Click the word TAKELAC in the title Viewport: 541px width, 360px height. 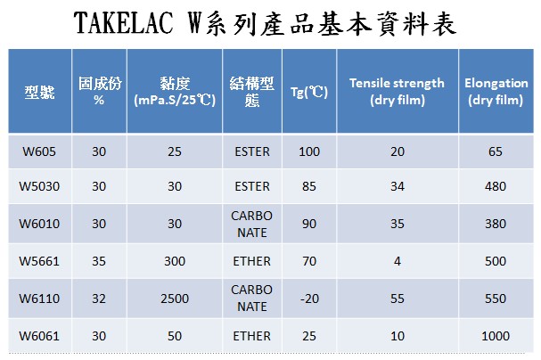pyautogui.click(x=124, y=23)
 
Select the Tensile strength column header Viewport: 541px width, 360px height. pyautogui.click(x=398, y=92)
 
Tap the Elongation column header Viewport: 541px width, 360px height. pyautogui.click(x=496, y=92)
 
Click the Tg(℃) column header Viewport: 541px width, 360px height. pyautogui.click(x=308, y=92)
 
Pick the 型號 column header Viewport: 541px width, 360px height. pyautogui.click(x=40, y=92)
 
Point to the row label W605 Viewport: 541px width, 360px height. pyautogui.click(x=39, y=151)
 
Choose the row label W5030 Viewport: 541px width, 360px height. pyautogui.click(x=39, y=186)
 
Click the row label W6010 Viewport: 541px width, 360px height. pyautogui.click(x=39, y=224)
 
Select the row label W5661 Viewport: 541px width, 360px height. pyautogui.click(x=39, y=261)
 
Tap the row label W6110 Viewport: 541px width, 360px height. pyautogui.click(x=39, y=299)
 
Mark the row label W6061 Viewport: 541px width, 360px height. pyautogui.click(x=39, y=336)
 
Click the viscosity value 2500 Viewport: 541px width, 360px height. pyautogui.click(x=175, y=299)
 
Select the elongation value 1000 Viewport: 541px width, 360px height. pyautogui.click(x=496, y=336)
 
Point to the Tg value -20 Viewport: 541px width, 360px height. pyautogui.click(x=309, y=299)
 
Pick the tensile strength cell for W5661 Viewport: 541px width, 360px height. pyautogui.click(x=398, y=261)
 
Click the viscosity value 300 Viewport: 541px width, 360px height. pyautogui.click(x=175, y=261)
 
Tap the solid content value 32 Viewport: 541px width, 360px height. pyautogui.click(x=99, y=299)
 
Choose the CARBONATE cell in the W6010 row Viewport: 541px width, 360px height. pyautogui.click(x=252, y=224)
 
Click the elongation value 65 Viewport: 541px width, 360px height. pyautogui.click(x=496, y=151)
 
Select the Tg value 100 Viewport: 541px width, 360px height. pyautogui.click(x=309, y=151)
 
